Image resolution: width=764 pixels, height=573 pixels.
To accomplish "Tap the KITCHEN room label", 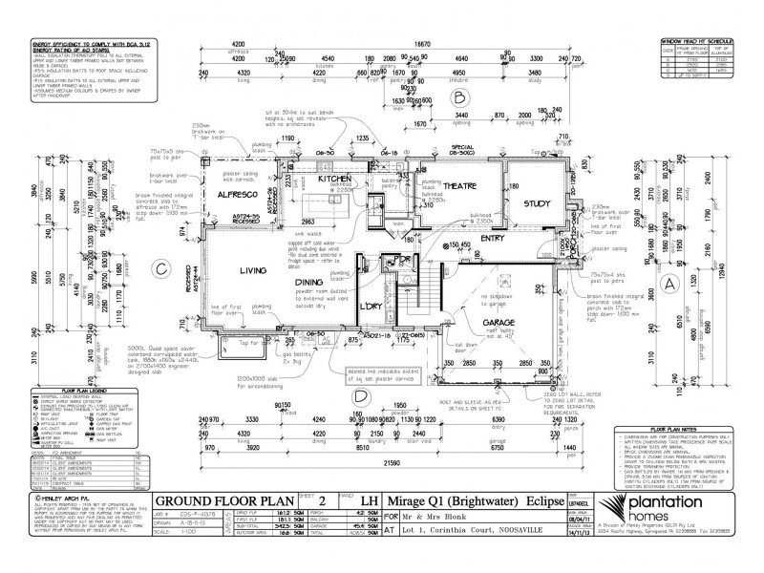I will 310,179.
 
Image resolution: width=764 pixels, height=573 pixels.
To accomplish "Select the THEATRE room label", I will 457,187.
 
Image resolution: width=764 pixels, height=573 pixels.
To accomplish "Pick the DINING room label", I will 308,284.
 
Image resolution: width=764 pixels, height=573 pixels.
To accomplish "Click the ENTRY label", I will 492,240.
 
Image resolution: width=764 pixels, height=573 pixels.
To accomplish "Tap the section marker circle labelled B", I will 459,97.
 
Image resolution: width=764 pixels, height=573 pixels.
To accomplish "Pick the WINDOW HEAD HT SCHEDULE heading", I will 696,41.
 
